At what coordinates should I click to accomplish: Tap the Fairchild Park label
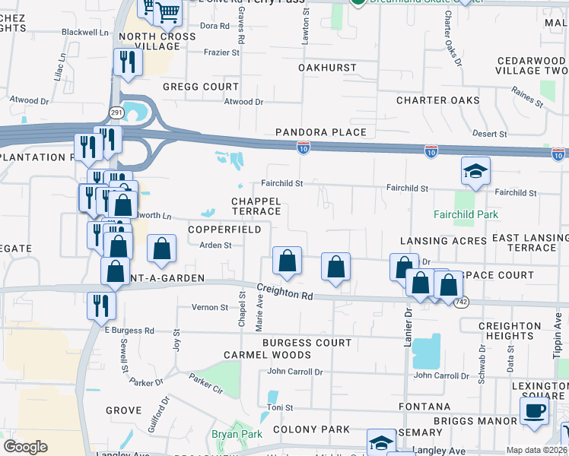click(466, 215)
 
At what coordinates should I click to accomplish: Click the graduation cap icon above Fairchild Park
click(475, 172)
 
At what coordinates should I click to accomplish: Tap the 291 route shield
click(116, 112)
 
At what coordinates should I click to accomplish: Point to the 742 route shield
click(460, 302)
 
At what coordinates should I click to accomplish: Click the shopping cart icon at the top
click(167, 11)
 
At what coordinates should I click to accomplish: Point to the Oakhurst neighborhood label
click(327, 68)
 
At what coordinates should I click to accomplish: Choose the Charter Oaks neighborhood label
click(438, 100)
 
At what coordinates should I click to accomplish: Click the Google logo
click(26, 447)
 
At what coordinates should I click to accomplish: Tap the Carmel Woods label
click(267, 355)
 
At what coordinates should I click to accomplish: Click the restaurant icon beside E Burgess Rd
click(101, 306)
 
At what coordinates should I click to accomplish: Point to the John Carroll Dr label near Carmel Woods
click(294, 372)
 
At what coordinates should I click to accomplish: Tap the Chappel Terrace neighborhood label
click(256, 205)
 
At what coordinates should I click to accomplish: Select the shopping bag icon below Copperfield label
click(287, 261)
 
